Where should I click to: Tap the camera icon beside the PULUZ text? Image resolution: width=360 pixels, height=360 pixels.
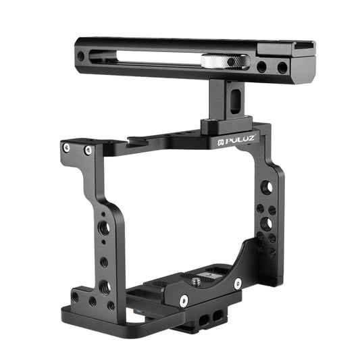[220, 143]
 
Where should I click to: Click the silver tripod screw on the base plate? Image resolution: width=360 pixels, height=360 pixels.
[201, 276]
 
